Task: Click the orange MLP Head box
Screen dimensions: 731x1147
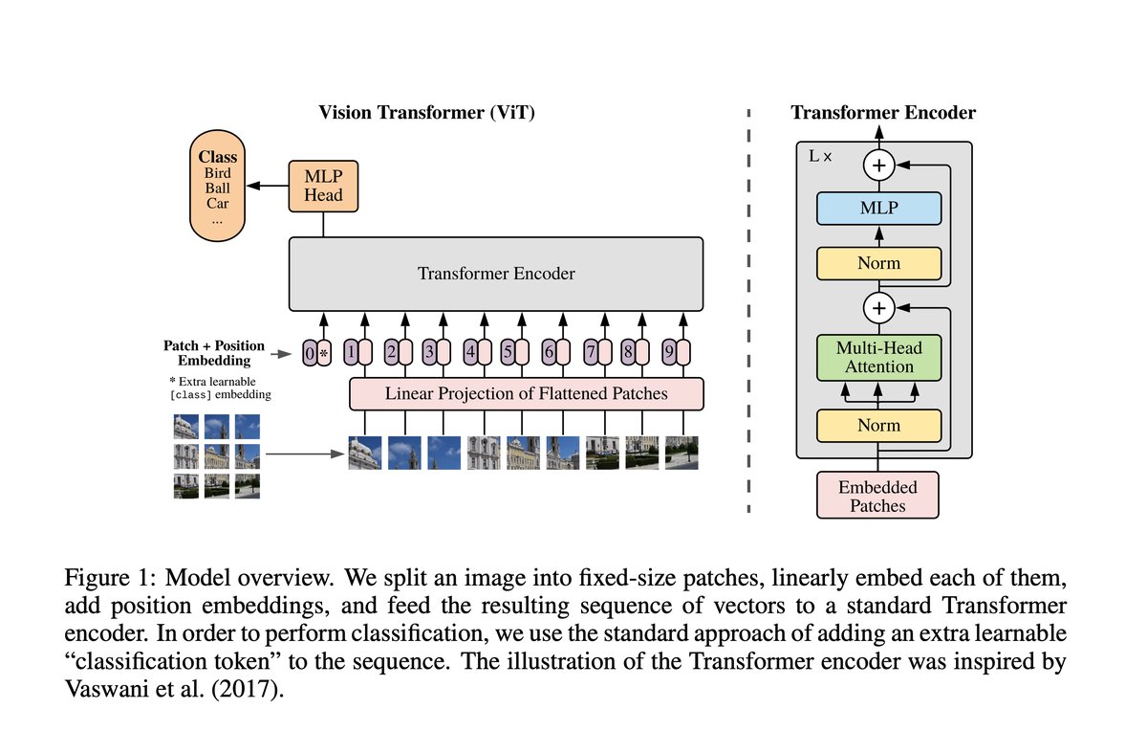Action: pos(323,187)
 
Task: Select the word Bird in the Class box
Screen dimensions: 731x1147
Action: pos(218,173)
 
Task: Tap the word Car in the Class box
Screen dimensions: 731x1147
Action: pos(218,204)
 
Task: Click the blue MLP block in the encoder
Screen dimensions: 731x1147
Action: pos(878,208)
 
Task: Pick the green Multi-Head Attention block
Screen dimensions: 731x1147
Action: pos(878,358)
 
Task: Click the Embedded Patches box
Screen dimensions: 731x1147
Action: pos(877,496)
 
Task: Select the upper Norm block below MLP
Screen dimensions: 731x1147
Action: pos(878,262)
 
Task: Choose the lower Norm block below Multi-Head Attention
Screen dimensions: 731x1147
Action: pos(878,425)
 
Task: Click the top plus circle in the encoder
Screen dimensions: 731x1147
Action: pos(878,166)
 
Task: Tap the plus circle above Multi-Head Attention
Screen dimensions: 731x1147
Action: pos(878,307)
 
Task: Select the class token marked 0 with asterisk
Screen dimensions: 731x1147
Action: pos(315,353)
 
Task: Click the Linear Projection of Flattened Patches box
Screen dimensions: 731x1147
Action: pos(526,393)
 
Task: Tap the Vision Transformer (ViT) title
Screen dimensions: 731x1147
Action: pos(426,113)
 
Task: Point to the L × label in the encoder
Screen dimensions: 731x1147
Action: pos(819,154)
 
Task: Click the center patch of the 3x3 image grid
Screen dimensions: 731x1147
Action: pos(217,455)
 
